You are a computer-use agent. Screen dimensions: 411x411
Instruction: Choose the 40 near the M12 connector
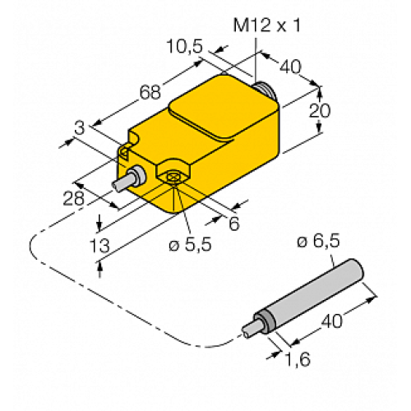point(290,67)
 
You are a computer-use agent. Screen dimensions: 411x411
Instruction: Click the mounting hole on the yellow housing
point(174,177)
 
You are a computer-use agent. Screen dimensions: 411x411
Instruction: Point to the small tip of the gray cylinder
point(247,333)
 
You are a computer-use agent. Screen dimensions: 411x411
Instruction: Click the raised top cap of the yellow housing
point(218,107)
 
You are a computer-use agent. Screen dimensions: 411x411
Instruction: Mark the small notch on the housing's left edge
point(125,148)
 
